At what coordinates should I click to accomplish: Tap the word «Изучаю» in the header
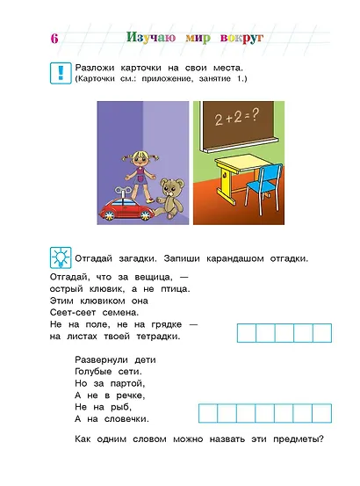tap(151, 39)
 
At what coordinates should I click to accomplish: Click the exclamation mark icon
tap(59, 73)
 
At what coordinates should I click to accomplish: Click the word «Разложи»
tap(97, 69)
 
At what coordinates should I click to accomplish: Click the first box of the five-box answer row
tap(247, 332)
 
